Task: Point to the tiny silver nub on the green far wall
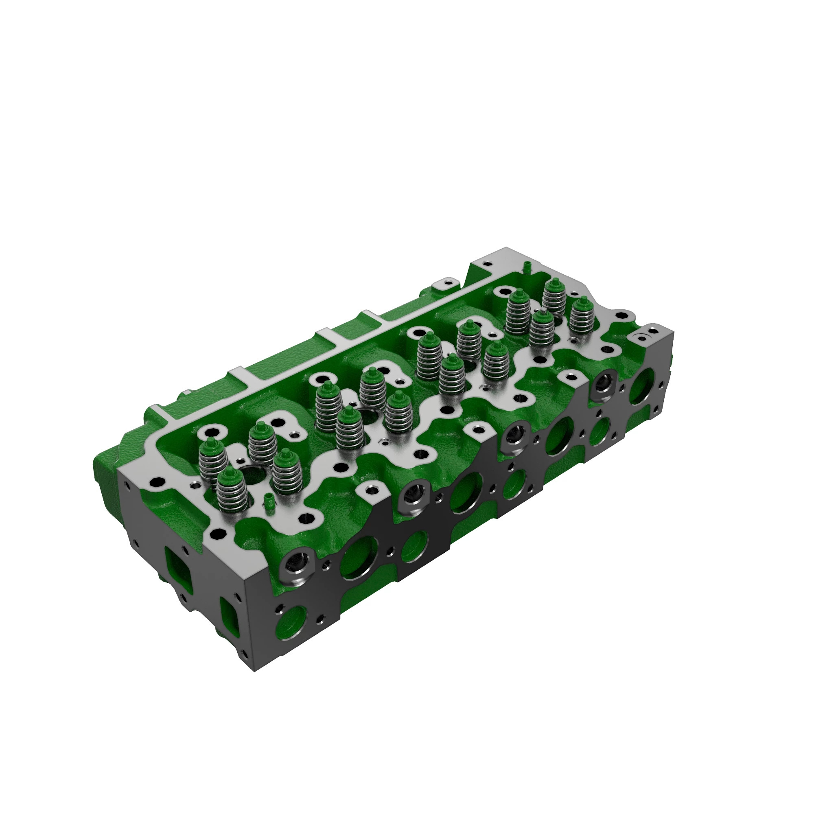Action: click(x=185, y=392)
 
